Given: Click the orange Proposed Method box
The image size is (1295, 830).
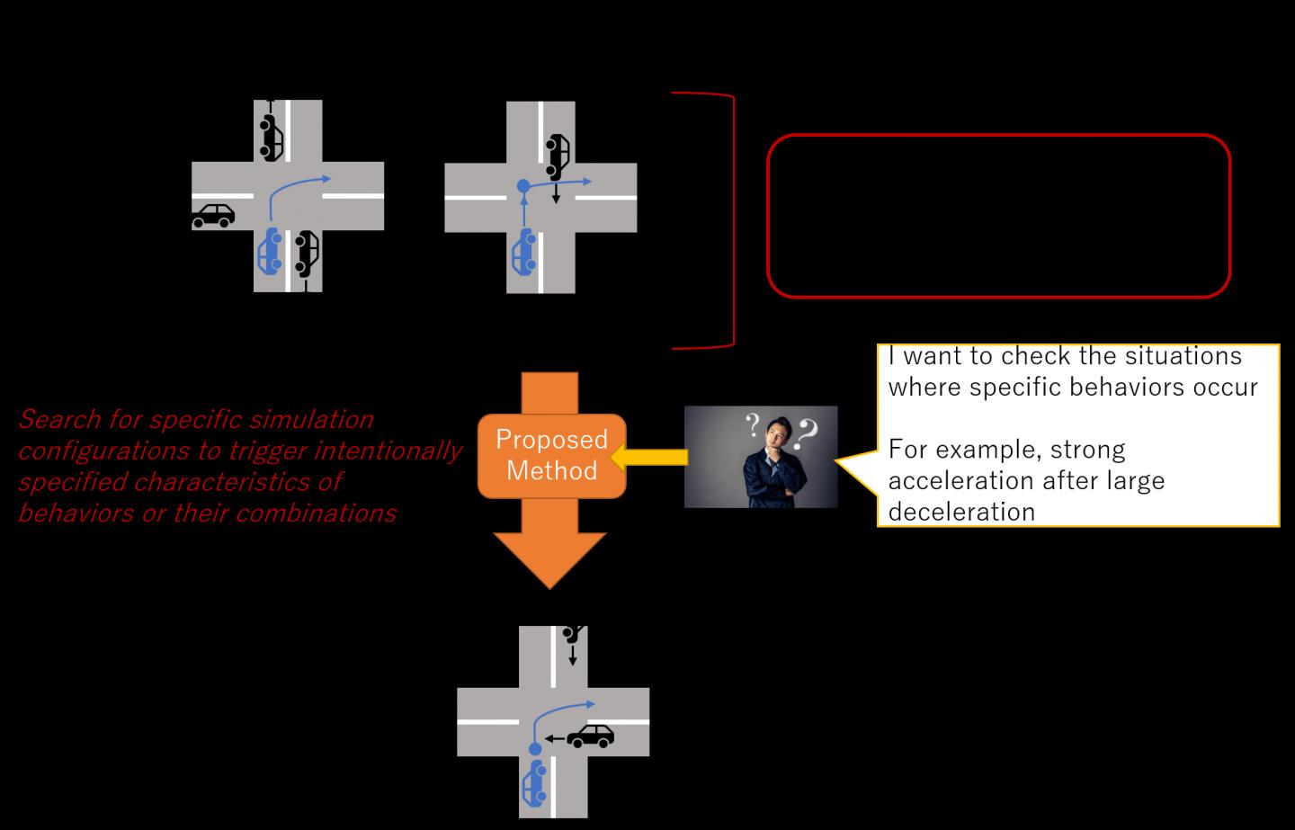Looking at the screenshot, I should point(551,456).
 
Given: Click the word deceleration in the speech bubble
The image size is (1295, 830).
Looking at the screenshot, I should point(961,512).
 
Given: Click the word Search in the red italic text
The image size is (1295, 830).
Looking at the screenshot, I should point(58,419).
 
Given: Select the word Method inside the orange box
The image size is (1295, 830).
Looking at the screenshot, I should point(551,470).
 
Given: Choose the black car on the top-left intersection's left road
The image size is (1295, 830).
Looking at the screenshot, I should point(213,216).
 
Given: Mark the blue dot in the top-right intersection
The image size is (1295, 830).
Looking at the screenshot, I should point(523,187).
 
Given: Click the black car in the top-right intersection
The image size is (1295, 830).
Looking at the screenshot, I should point(558,155).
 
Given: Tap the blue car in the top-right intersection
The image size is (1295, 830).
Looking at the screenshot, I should point(523,252).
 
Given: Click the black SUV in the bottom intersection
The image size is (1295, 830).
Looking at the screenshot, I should point(591,736).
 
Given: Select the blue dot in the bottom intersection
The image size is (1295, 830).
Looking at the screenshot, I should point(535,748).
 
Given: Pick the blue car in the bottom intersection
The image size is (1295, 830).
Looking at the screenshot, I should point(535,782).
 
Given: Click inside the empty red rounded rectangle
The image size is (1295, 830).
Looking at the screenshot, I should point(998,216).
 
